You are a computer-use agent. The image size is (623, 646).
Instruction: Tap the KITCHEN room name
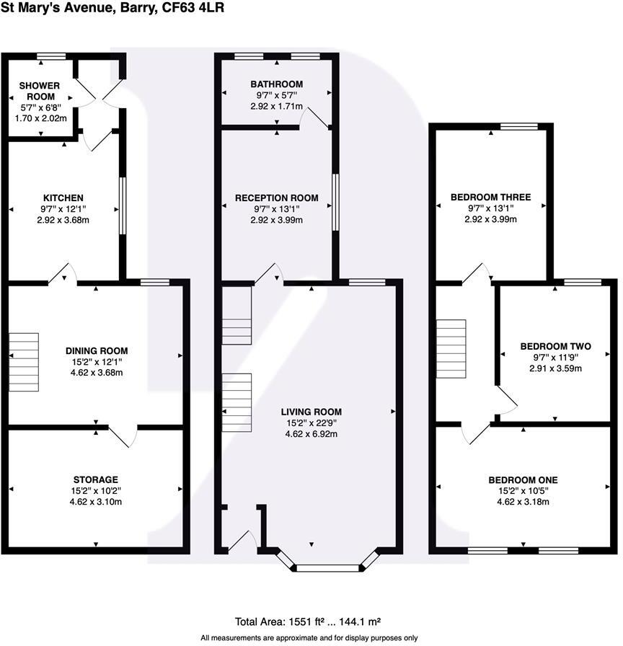[x=63, y=198]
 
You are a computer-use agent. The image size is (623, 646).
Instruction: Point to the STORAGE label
[x=95, y=479]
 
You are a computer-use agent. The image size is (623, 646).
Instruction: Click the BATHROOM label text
[x=277, y=84]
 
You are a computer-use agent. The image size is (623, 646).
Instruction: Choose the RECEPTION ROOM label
[x=277, y=198]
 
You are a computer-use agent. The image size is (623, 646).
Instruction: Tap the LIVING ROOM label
[x=310, y=412]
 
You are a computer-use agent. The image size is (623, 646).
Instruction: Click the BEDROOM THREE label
[x=490, y=197]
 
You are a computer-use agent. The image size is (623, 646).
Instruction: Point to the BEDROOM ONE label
[x=523, y=479]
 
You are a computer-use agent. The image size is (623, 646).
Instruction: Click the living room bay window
[x=328, y=567]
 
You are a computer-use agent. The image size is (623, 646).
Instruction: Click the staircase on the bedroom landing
[x=451, y=348]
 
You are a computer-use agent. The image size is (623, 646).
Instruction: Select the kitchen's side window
[x=123, y=206]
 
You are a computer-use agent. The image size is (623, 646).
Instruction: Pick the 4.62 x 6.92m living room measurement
[x=310, y=434]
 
